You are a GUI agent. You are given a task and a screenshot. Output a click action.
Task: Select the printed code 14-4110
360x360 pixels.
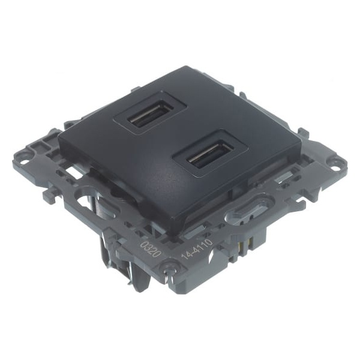click(197, 250)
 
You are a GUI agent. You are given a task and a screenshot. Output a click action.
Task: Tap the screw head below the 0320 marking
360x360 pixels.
click(167, 266)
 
